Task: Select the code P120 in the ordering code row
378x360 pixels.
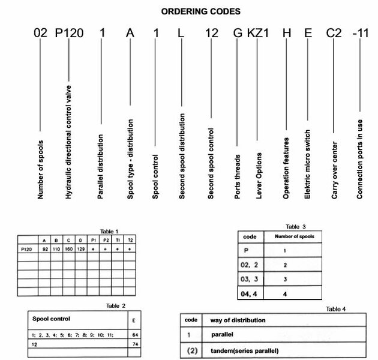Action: click(69, 32)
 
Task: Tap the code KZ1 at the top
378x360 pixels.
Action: click(259, 32)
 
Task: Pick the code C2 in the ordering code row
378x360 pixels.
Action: click(334, 32)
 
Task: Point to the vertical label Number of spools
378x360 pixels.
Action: click(40, 167)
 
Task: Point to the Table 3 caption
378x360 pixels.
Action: click(296, 226)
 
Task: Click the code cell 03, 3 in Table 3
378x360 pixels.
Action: click(252, 280)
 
